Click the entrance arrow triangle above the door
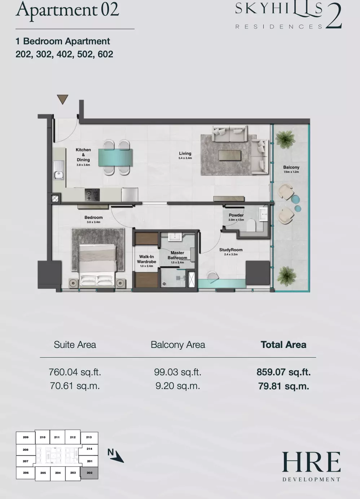click(62, 99)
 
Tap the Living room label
click(185, 153)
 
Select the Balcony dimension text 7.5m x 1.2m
click(291, 172)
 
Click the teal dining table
click(116, 158)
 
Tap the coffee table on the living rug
click(230, 155)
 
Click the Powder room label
click(236, 215)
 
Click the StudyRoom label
click(231, 250)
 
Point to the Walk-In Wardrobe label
click(146, 259)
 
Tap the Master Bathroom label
click(177, 255)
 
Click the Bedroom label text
click(93, 217)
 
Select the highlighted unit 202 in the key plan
click(89, 472)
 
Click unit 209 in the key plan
click(26, 437)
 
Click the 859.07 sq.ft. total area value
click(284, 372)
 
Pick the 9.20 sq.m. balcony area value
click(178, 386)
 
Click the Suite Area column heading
click(75, 345)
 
